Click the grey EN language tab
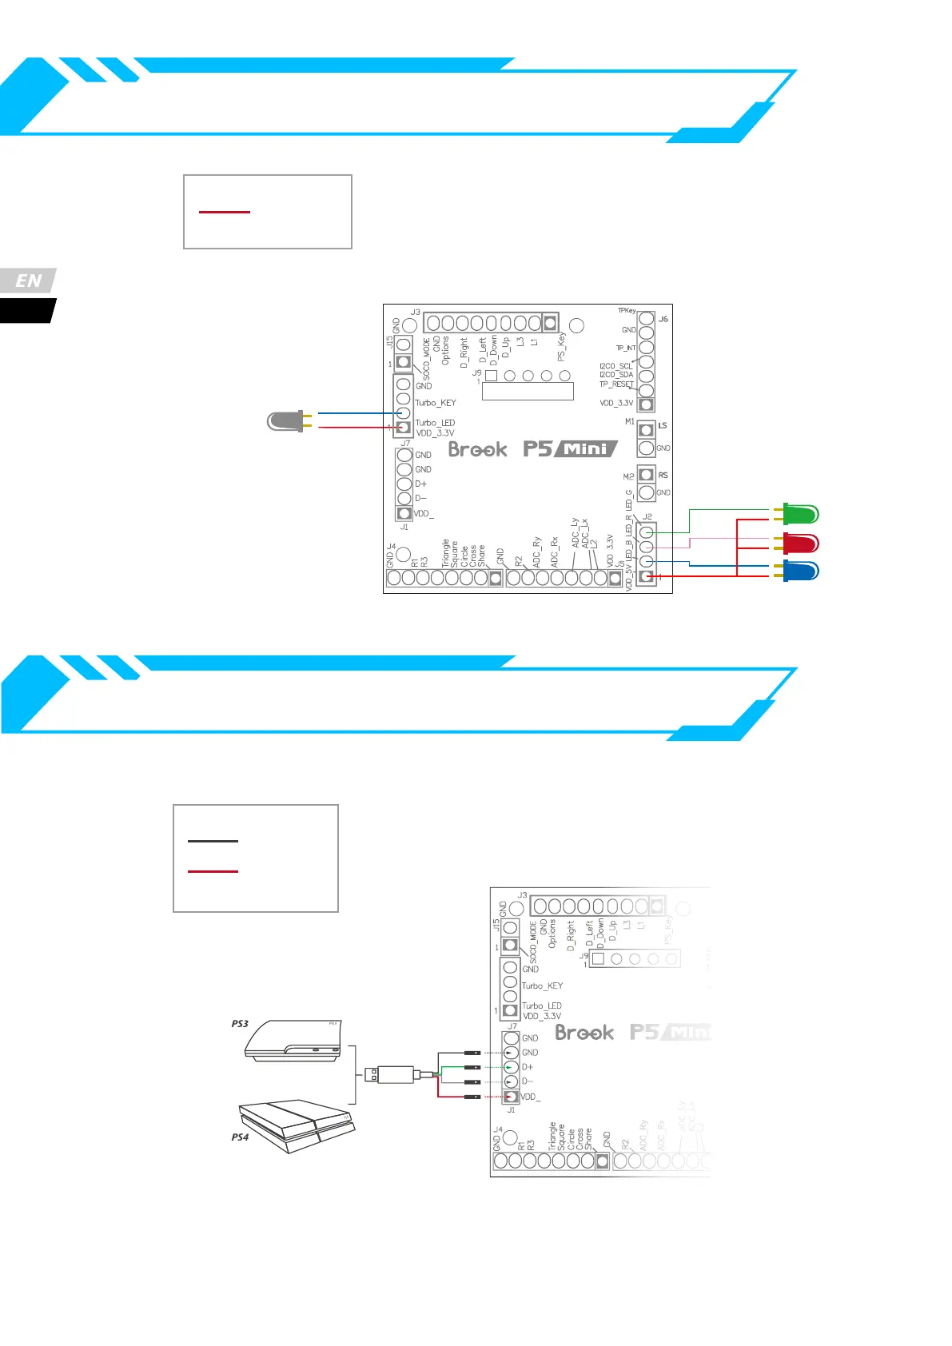pos(29,281)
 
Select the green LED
pos(800,514)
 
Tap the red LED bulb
pos(800,544)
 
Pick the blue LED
pos(800,571)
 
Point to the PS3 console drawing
pos(293,1041)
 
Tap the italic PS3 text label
pos(240,1023)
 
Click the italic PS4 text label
pos(240,1137)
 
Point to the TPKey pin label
pos(627,311)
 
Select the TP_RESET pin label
pos(616,384)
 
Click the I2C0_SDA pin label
pos(616,375)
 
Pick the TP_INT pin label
pos(626,348)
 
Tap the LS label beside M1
pos(663,426)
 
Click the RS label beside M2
pos(663,476)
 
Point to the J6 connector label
pos(663,319)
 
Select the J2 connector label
pos(647,517)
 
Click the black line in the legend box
pos(213,841)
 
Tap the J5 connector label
pos(619,564)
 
